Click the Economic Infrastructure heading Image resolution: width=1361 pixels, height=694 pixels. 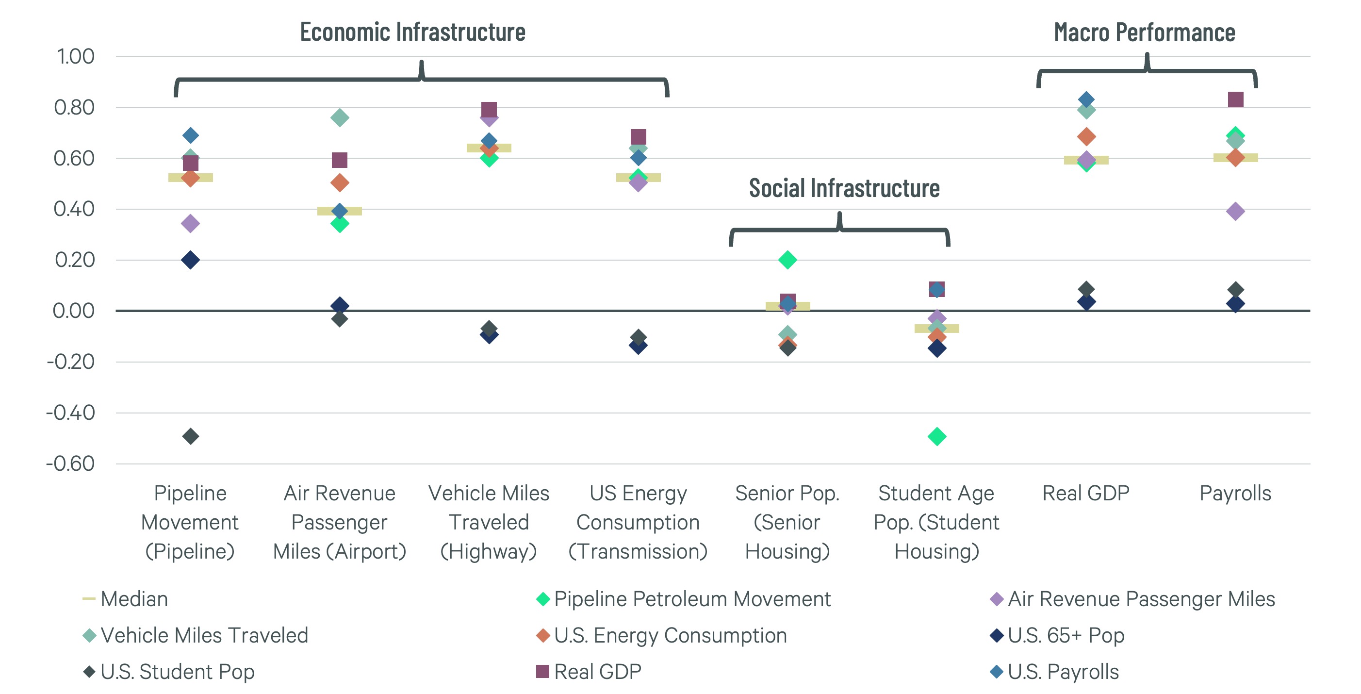412,32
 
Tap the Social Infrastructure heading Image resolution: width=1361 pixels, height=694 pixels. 844,189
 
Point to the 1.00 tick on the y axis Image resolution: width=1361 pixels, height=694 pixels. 76,57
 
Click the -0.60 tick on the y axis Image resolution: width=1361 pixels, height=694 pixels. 71,463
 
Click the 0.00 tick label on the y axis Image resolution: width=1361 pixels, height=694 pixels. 74,311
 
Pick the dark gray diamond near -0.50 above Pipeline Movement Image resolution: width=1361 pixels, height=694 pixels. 190,437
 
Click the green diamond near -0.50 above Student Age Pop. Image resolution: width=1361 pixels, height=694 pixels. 937,437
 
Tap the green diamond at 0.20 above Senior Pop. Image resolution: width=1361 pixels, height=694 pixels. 787,260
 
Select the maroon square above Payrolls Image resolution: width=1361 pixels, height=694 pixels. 1235,99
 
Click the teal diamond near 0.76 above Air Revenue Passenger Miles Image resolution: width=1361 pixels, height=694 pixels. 340,117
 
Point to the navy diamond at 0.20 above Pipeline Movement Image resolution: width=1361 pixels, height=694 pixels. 190,260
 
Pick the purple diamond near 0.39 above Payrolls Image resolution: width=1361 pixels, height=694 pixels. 1235,212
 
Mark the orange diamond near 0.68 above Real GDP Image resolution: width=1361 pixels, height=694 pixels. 1086,137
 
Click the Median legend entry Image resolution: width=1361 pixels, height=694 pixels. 133,599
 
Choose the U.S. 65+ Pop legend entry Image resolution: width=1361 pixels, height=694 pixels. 1065,635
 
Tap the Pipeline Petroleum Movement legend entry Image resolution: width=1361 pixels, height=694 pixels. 691,599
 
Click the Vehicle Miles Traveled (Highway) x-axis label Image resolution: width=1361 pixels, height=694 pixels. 489,522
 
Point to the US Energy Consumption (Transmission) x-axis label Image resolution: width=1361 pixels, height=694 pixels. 638,522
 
